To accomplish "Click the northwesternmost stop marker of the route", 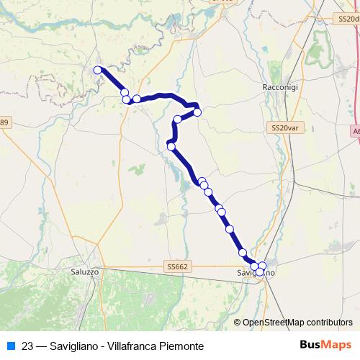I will tap(98, 70).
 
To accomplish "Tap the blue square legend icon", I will tap(11, 345).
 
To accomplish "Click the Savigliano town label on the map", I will tap(256, 274).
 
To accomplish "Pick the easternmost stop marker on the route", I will tap(262, 266).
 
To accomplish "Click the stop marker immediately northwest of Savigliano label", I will tap(243, 253).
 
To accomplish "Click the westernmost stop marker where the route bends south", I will tap(171, 147).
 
